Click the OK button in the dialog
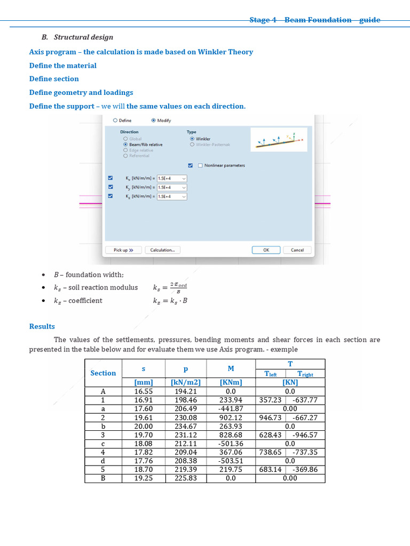tap(266, 250)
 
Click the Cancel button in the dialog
tap(297, 250)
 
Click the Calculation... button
tap(162, 250)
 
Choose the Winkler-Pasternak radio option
tap(192, 144)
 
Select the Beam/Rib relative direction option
tap(125, 144)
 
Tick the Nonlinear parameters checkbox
tap(200, 165)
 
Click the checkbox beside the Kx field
tap(111, 178)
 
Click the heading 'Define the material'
tap(63, 66)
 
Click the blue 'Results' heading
tap(42, 326)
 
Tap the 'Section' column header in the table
tap(103, 373)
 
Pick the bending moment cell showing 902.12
tap(231, 418)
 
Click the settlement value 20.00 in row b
tap(143, 427)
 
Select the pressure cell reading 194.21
tap(186, 391)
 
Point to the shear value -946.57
tap(305, 435)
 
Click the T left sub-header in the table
tap(271, 374)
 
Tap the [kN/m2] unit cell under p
tap(186, 382)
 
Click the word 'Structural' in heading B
tap(72, 37)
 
